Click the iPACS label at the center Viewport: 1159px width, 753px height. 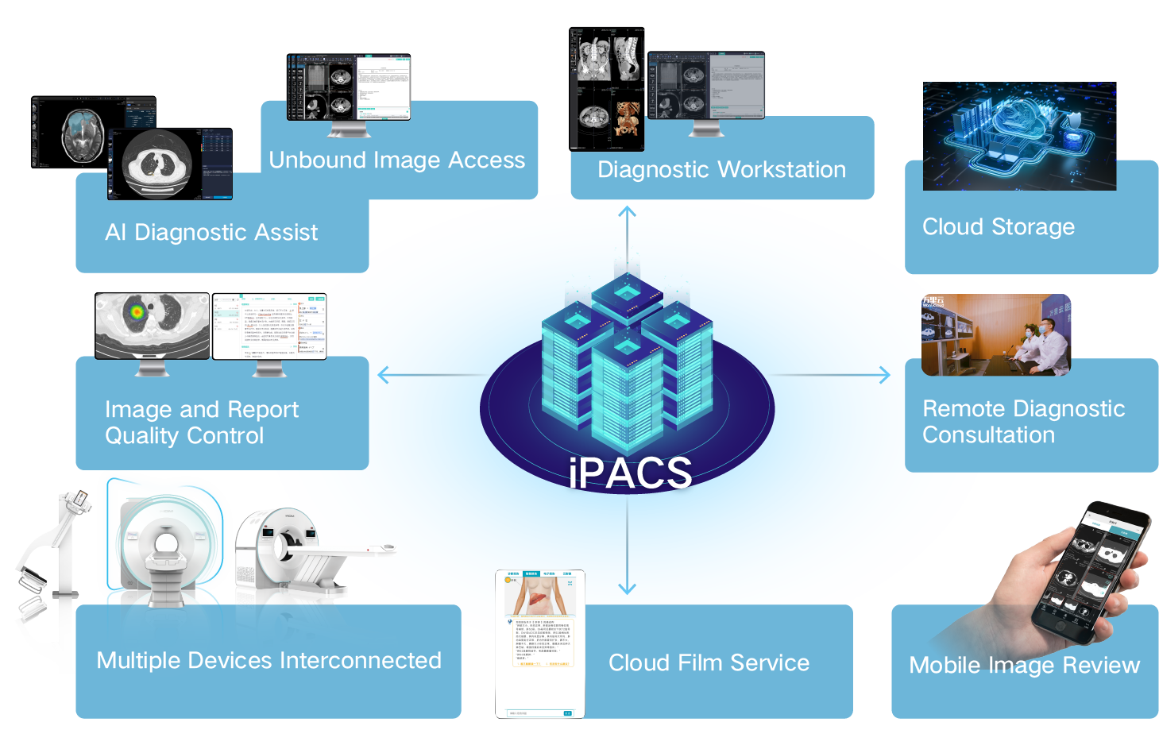click(630, 473)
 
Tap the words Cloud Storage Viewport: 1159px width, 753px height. click(998, 227)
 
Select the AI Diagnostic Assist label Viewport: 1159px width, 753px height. click(211, 232)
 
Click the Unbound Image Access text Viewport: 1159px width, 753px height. click(396, 160)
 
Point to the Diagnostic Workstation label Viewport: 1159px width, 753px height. click(721, 170)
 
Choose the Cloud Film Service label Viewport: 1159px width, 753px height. click(709, 662)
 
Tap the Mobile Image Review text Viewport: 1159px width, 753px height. click(1024, 665)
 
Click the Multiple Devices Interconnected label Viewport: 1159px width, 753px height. click(269, 660)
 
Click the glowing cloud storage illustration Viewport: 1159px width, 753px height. click(1019, 136)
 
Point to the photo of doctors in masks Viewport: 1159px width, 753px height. click(995, 334)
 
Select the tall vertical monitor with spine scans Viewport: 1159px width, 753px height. click(606, 89)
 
